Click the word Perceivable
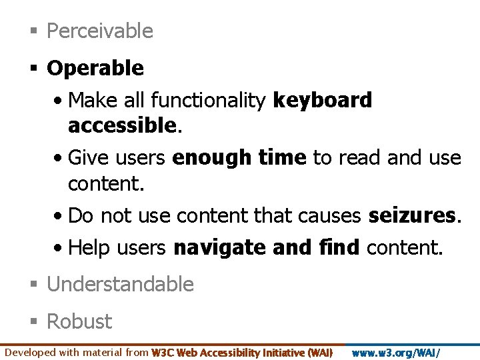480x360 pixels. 100,31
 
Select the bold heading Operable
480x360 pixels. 95,68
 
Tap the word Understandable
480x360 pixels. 120,285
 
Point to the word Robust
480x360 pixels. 79,321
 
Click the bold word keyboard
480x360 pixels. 323,101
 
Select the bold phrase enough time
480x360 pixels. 239,158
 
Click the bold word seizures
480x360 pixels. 411,216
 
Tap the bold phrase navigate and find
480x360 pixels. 267,248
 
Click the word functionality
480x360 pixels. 209,101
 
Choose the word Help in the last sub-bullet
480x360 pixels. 89,248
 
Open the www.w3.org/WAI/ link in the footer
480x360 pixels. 395,353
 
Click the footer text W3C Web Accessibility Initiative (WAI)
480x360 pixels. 242,353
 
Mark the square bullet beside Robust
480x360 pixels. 33,322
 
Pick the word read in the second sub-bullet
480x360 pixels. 360,158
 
